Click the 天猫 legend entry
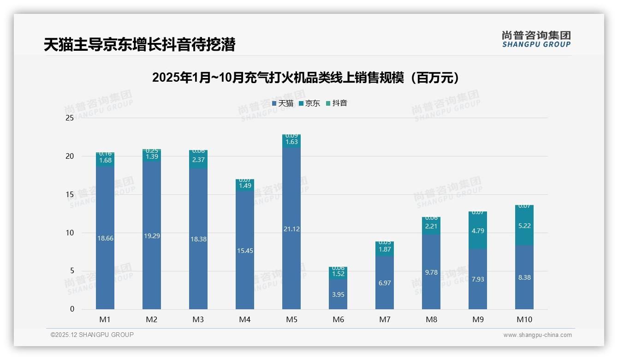283,103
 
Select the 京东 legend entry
309,103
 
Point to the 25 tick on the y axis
70,118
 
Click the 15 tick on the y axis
70,195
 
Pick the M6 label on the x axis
338,319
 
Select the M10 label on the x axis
524,319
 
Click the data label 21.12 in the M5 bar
291,229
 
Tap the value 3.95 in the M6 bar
338,294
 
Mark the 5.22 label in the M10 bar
524,226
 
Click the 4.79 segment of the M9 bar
478,231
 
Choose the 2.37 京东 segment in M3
198,160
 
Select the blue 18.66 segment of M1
105,239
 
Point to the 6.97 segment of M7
385,283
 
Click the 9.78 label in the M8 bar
431,272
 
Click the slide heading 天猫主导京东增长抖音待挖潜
140,45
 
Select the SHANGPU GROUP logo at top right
536,39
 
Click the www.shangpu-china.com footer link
537,335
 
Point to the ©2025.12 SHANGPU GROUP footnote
92,335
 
